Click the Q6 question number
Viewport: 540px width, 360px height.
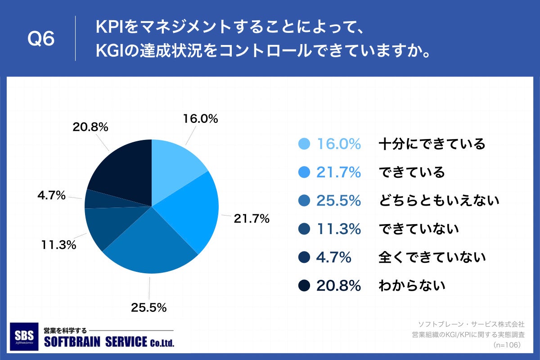[x=41, y=39]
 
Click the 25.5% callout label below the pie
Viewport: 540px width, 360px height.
[x=149, y=308]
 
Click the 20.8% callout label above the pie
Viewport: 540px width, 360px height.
[x=90, y=127]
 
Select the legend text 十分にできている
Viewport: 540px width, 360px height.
[x=432, y=144]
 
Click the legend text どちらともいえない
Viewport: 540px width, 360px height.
[x=439, y=201]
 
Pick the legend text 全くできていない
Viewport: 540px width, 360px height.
[x=432, y=257]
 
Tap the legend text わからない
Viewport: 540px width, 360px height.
[x=412, y=285]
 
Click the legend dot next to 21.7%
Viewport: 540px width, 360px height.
[x=305, y=172]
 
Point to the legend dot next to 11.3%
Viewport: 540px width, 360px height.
[x=305, y=229]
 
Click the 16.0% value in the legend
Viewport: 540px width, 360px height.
[x=339, y=144]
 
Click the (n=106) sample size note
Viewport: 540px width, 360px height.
[x=507, y=345]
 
